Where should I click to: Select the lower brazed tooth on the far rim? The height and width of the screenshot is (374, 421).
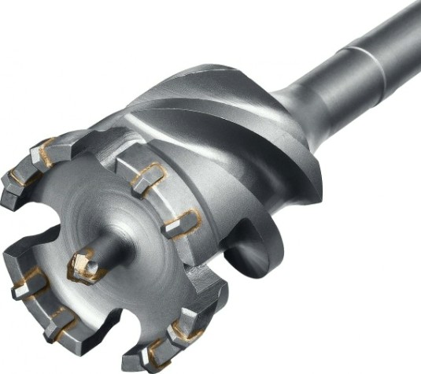[x=183, y=224]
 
